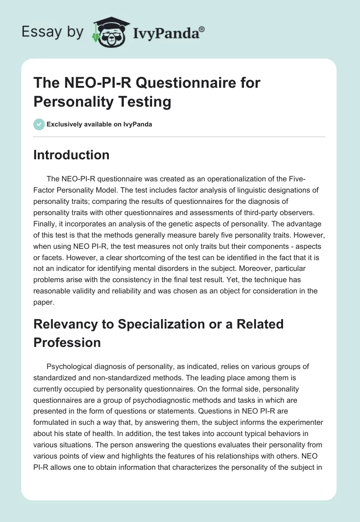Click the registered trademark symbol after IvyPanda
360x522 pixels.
(x=202, y=29)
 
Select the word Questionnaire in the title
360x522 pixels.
(x=173, y=83)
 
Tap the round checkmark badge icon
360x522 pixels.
(x=39, y=124)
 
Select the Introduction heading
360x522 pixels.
(x=72, y=155)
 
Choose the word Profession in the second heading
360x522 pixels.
(x=67, y=342)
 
